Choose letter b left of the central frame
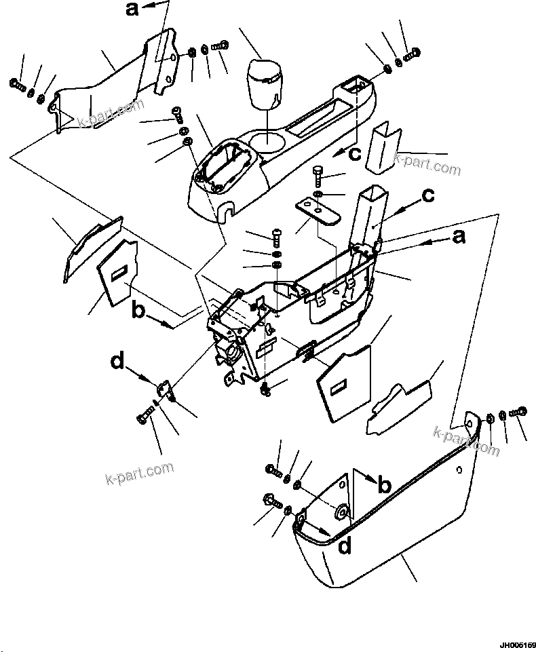(138, 311)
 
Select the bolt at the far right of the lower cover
(521, 411)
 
